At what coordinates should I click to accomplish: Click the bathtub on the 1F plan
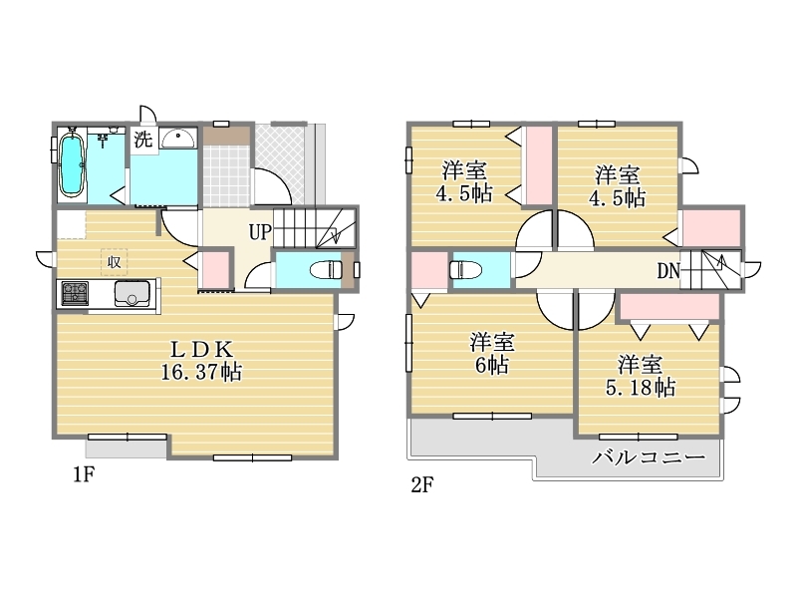click(71, 163)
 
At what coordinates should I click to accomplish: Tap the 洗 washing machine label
click(142, 139)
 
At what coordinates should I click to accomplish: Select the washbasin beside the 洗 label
click(178, 139)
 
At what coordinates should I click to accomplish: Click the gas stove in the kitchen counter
click(75, 294)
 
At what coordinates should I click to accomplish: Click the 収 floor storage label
click(114, 262)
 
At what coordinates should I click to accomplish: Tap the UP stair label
click(260, 232)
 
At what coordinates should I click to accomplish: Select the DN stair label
click(668, 271)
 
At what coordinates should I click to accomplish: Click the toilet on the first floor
click(326, 269)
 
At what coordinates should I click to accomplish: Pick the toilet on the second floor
click(466, 269)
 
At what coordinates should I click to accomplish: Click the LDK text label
click(201, 350)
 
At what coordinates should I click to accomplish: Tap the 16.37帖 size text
click(201, 372)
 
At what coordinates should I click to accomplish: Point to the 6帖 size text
click(491, 365)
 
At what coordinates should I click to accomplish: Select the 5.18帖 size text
click(641, 388)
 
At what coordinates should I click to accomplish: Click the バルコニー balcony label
click(649, 457)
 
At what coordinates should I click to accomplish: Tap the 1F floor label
click(84, 475)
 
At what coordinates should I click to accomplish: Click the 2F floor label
click(421, 485)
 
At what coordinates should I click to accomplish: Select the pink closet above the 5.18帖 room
click(668, 306)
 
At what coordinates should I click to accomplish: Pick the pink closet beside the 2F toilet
click(428, 271)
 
